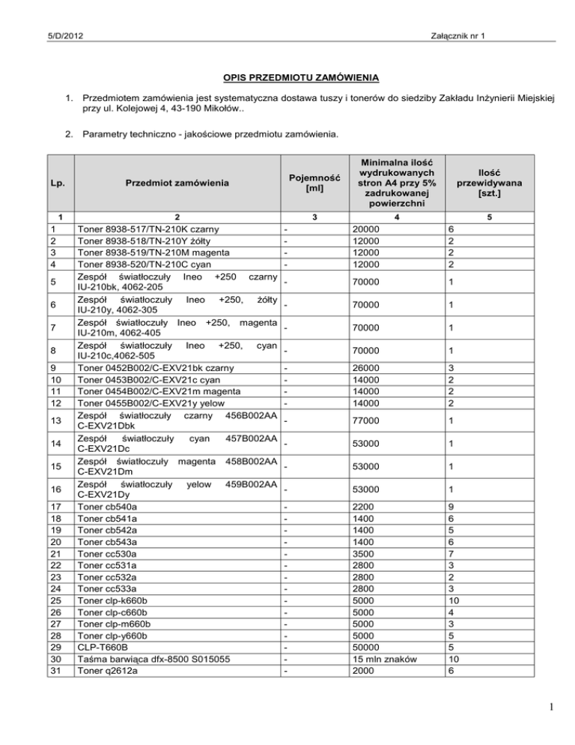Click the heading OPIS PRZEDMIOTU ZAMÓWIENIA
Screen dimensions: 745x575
[x=287, y=77]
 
